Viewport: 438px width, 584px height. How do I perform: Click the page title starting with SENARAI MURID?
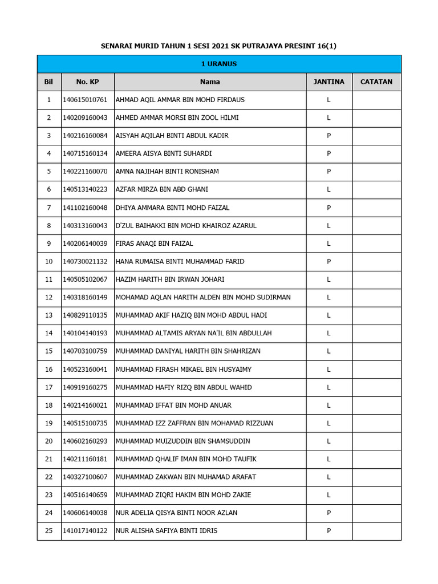[x=219, y=46]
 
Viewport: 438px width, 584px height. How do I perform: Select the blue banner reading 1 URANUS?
[x=219, y=64]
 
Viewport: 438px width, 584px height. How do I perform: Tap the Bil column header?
[x=48, y=82]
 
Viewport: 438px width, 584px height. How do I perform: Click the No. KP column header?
[x=87, y=82]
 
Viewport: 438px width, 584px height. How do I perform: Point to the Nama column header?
[x=210, y=82]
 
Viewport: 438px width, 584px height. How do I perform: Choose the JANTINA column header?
[x=328, y=82]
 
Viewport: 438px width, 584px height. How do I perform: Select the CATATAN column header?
[x=376, y=82]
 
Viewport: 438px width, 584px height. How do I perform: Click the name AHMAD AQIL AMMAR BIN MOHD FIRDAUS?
[x=180, y=100]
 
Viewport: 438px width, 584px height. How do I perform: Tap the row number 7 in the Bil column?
[x=48, y=208]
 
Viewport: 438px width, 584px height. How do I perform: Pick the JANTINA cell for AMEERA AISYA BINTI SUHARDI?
[x=328, y=153]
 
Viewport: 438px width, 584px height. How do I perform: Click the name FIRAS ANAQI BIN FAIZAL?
[x=155, y=244]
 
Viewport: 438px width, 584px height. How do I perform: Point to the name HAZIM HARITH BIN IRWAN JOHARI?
[x=170, y=279]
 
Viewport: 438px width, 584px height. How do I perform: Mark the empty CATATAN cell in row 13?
[x=376, y=315]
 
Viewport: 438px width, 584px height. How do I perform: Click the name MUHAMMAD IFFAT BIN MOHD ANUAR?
[x=173, y=405]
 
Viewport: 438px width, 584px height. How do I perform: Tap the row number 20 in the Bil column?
[x=48, y=441]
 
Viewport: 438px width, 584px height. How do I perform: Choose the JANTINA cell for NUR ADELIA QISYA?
[x=328, y=513]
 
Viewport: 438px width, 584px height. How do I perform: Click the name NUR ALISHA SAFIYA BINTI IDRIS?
[x=167, y=531]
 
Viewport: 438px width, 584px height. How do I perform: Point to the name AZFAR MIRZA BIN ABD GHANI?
[x=162, y=189]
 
